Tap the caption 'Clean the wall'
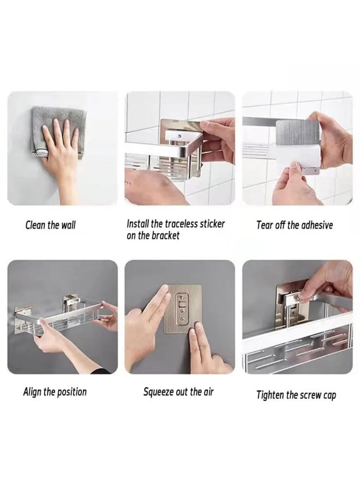pyautogui.click(x=50, y=225)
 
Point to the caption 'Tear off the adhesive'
pyautogui.click(x=294, y=225)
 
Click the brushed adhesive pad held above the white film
pyautogui.click(x=297, y=134)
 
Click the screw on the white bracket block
pyautogui.click(x=179, y=136)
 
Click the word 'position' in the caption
pyautogui.click(x=71, y=392)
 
